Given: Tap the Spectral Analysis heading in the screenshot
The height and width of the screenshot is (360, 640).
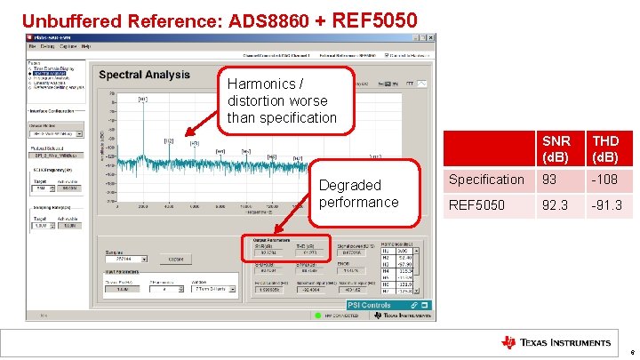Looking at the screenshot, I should tap(144, 75).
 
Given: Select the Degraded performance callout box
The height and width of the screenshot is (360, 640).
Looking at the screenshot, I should tap(360, 194).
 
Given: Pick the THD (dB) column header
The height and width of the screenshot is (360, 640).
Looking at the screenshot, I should tap(607, 149).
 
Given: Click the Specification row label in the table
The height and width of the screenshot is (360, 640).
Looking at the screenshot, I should tap(486, 180).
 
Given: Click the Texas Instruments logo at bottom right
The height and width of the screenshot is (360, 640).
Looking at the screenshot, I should tap(556, 342).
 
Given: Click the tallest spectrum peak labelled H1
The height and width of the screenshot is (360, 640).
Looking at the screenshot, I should tap(142, 100).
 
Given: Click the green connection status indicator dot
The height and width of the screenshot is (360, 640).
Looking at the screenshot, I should tap(316, 315).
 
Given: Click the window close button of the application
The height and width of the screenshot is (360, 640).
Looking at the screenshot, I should tap(431, 37).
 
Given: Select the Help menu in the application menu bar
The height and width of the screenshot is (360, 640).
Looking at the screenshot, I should tap(86, 46).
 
